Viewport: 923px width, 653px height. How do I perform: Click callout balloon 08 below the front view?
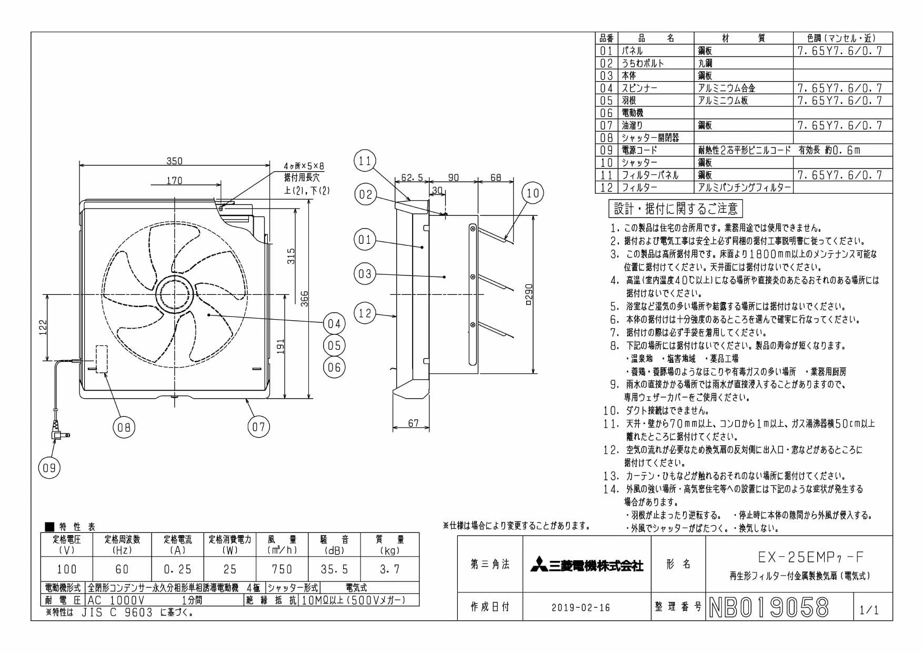(124, 427)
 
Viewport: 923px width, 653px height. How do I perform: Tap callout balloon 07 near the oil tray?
(259, 427)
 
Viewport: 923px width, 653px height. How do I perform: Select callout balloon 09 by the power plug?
(49, 468)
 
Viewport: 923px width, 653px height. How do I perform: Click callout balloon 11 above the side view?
(365, 161)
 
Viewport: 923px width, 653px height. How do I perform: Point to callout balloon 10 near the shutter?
(533, 193)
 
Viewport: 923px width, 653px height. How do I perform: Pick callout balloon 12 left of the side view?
(365, 314)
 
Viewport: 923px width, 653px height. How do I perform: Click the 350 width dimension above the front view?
(174, 161)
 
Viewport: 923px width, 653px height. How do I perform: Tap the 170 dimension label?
(174, 181)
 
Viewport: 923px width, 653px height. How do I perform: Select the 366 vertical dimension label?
(304, 299)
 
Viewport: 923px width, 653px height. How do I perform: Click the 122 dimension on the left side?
(43, 327)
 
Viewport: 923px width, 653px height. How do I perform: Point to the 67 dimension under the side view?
(413, 423)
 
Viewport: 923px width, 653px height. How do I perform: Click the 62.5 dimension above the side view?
(412, 178)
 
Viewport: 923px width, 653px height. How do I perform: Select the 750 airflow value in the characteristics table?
(282, 569)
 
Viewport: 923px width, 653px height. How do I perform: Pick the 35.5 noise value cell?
(335, 569)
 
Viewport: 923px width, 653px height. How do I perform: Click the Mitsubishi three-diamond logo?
(538, 565)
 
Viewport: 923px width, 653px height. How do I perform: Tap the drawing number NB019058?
(769, 608)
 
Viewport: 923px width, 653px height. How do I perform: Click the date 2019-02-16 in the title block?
(581, 608)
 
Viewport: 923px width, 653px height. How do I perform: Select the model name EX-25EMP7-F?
(811, 557)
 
